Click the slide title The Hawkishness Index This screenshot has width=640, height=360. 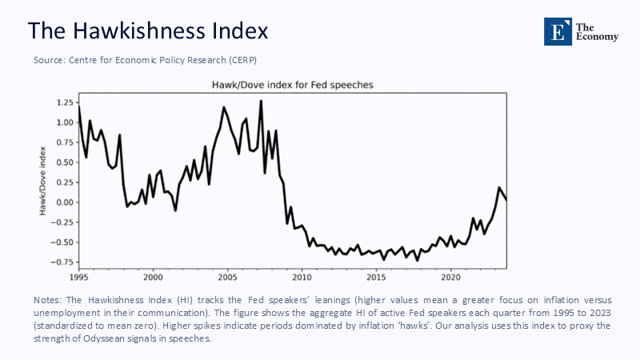148,30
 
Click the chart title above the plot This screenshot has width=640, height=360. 292,84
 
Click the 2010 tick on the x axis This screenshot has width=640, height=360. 302,278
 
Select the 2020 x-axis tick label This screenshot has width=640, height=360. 451,278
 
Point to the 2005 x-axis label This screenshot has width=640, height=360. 227,278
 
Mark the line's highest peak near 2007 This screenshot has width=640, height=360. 261,101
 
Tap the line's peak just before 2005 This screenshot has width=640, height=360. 224,107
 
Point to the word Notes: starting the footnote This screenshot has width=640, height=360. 49,298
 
